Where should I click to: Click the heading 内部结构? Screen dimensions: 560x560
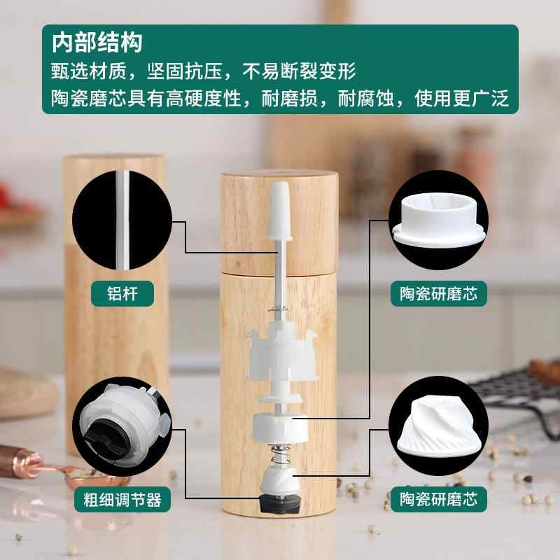97,43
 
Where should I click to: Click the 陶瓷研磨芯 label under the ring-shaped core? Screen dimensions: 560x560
439,294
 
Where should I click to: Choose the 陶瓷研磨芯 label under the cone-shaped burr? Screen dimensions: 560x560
439,500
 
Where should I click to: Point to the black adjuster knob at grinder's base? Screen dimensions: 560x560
279,502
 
